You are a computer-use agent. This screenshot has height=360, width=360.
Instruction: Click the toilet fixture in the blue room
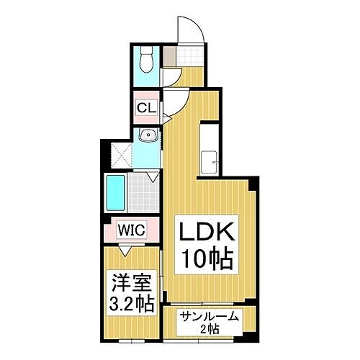[x=146, y=59]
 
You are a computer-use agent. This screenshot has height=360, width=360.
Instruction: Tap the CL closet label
[x=147, y=108]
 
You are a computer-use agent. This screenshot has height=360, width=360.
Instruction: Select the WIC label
[x=132, y=230]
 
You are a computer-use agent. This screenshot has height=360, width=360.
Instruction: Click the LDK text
[x=207, y=232]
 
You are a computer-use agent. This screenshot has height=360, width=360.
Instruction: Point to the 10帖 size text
[x=208, y=258]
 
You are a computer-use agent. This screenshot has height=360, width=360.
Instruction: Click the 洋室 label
[x=132, y=282]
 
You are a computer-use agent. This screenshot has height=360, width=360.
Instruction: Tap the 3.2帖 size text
[x=132, y=304]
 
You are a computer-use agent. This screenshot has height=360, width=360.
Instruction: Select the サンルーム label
[x=210, y=317]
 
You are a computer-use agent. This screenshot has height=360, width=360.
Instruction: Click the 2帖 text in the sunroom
[x=210, y=329]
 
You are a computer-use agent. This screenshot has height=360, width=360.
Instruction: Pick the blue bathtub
[x=116, y=193]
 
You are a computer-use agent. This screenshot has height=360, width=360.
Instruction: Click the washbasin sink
[x=149, y=135]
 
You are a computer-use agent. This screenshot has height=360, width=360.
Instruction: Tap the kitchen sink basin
[x=209, y=162]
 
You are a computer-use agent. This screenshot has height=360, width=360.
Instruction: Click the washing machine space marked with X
[x=122, y=156]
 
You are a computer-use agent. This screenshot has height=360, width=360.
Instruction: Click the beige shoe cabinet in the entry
[x=170, y=55]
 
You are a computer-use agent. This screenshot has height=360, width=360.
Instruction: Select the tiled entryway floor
[x=190, y=55]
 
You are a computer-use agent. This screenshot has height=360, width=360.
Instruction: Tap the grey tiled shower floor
[x=143, y=193]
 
